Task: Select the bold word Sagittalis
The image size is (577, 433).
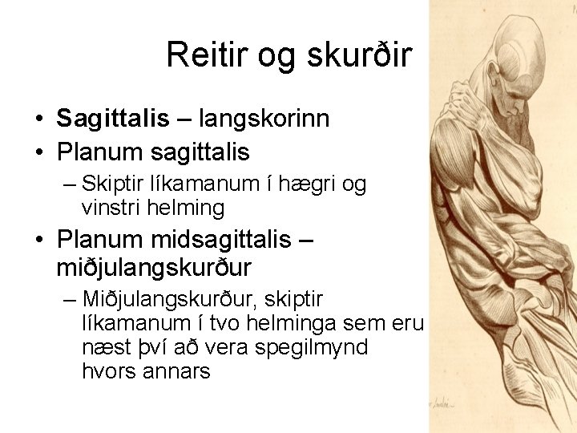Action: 113,119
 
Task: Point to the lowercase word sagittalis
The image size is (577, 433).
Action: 200,152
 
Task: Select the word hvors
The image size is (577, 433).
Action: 108,372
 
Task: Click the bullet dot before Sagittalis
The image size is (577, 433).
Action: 38,119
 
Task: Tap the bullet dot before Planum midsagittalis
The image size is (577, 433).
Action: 38,240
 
